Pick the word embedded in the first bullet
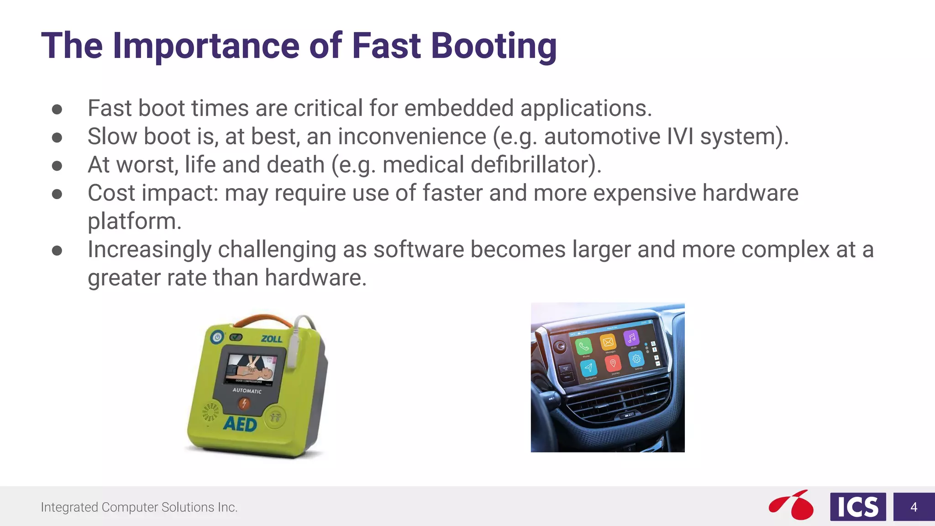459,108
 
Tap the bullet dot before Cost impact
57,194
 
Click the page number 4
914,507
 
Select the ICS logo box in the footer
858,507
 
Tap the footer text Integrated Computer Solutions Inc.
139,507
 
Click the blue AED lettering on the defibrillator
240,425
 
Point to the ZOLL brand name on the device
271,339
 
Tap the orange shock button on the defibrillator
244,404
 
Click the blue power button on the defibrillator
217,338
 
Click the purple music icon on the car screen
631,338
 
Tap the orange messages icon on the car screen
608,342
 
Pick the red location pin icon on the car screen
613,363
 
